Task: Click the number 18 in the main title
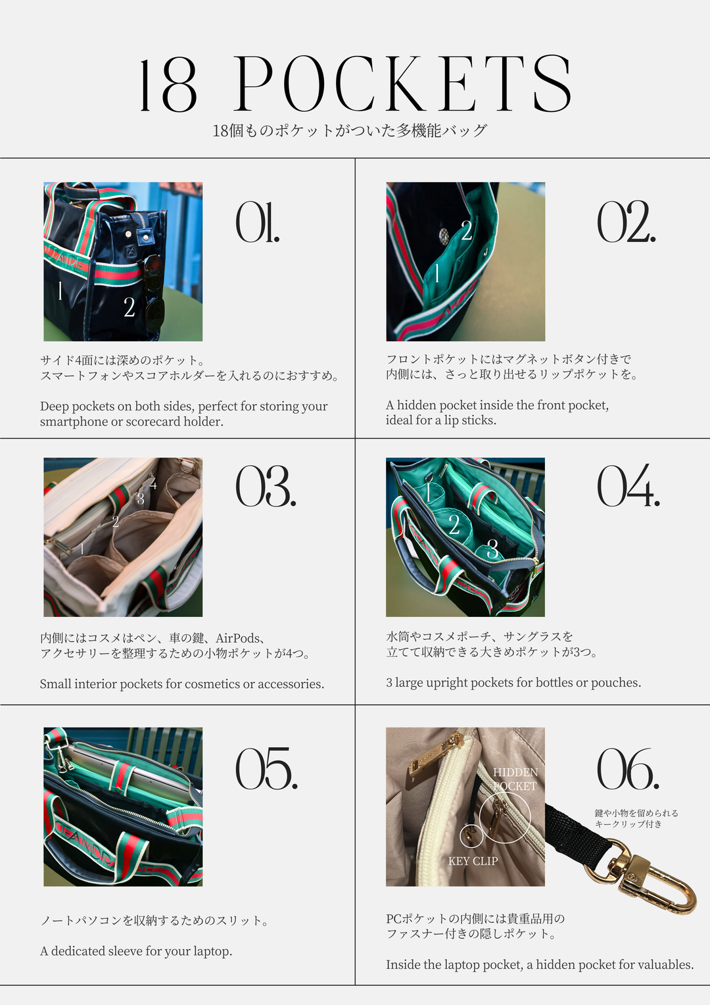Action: click(x=168, y=86)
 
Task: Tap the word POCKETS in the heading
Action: click(x=402, y=84)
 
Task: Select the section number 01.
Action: click(x=258, y=222)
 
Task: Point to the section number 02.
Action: click(x=626, y=222)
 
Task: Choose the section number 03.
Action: click(x=266, y=487)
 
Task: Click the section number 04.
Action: click(x=628, y=487)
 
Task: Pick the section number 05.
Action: click(x=266, y=769)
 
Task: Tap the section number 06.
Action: click(x=627, y=769)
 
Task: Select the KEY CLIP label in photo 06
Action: click(x=473, y=861)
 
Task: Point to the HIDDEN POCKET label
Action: click(x=515, y=779)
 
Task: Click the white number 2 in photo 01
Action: click(x=130, y=307)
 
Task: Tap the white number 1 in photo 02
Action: click(x=437, y=272)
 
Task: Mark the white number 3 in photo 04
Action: click(x=492, y=549)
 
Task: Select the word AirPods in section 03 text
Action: click(x=238, y=638)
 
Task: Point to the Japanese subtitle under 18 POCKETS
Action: click(x=349, y=130)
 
